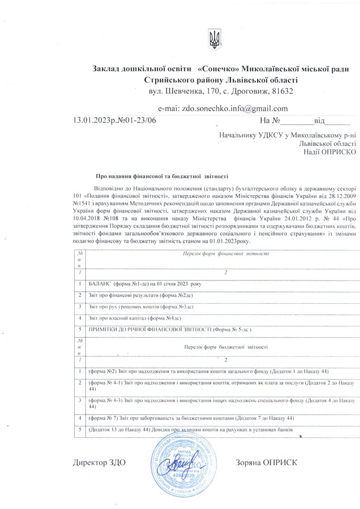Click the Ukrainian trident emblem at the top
tap(215, 38)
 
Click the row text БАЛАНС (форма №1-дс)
tap(149, 283)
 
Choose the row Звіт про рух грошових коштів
tap(141, 306)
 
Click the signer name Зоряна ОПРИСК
tap(265, 463)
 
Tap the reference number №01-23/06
tap(136, 120)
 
